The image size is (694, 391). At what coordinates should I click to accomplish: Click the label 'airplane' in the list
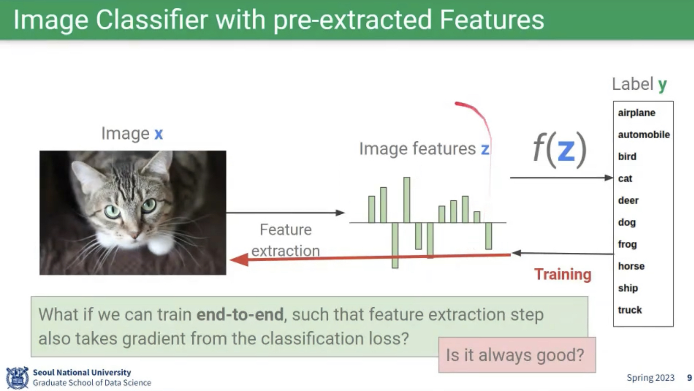click(636, 113)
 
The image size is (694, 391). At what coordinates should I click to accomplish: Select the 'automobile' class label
click(644, 135)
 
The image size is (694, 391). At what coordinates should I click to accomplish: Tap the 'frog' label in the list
click(627, 244)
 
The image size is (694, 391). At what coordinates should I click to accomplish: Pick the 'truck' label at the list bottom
click(630, 310)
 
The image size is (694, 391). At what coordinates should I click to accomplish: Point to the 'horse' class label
click(631, 266)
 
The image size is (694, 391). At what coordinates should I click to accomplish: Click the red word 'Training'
click(563, 275)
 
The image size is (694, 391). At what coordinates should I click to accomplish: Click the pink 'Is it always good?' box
click(517, 355)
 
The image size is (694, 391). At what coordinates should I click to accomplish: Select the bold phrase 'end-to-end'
click(240, 314)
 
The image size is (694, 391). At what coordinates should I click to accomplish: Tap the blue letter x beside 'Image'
click(159, 134)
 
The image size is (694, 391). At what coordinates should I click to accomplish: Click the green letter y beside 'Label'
click(663, 85)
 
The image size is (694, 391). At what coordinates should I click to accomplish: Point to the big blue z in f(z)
click(566, 150)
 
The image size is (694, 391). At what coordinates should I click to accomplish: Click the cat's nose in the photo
click(135, 235)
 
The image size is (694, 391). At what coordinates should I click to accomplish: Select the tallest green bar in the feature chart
click(406, 200)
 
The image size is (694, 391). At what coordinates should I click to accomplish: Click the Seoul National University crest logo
click(17, 378)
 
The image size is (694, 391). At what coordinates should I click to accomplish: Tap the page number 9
click(689, 378)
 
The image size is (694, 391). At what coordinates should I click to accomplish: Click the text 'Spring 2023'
click(650, 378)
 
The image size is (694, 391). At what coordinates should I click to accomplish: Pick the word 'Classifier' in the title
click(152, 20)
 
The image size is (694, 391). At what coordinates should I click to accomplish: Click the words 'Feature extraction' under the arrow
click(286, 240)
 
